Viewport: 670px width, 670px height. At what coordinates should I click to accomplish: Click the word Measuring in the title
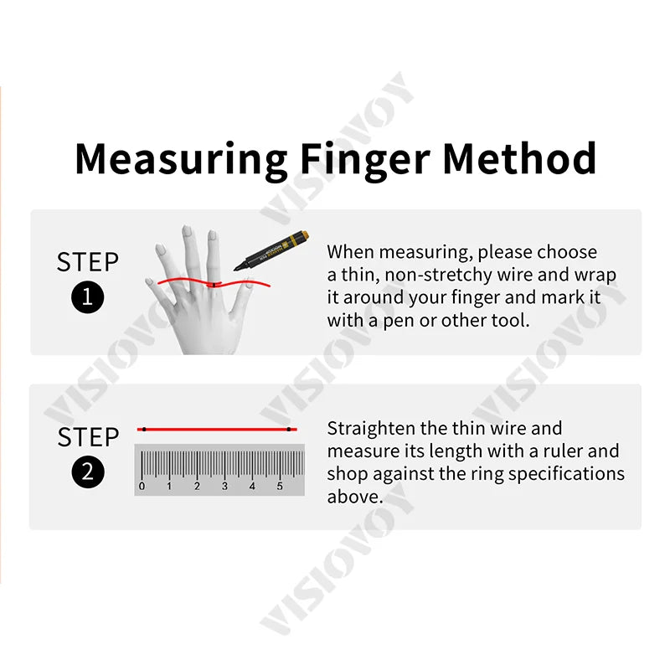tap(181, 159)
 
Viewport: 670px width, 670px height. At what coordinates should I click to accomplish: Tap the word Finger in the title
tap(364, 159)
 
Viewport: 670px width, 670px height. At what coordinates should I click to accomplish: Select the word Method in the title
tap(519, 157)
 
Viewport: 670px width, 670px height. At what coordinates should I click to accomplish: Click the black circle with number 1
tap(88, 297)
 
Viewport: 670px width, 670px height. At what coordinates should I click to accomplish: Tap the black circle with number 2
tap(88, 472)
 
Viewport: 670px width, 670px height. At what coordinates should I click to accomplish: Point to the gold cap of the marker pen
tap(300, 238)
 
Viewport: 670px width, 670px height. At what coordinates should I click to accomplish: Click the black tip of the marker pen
tap(236, 268)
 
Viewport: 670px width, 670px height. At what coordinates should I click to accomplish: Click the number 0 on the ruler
tap(142, 487)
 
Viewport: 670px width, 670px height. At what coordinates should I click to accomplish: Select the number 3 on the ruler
tap(224, 487)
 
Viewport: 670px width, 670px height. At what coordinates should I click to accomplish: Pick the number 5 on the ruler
tap(280, 487)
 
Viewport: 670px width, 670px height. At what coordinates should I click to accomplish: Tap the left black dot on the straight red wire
tap(144, 429)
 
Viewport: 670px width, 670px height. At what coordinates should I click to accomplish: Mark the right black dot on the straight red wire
tap(289, 429)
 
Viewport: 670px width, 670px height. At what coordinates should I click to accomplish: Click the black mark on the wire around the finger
tap(214, 285)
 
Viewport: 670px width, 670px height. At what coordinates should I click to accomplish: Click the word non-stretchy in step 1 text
tap(434, 276)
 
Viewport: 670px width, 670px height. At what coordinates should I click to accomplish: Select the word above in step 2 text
tap(353, 497)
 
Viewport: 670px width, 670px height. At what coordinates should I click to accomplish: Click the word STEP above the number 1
tap(88, 262)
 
